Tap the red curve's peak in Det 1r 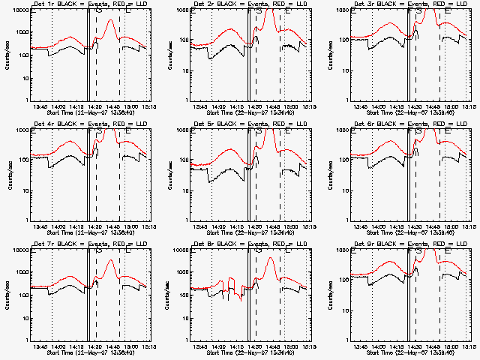(x=110, y=20)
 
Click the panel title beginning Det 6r (x=400, y=124)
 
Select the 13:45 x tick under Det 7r (x=42, y=346)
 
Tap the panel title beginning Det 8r (x=240, y=244)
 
